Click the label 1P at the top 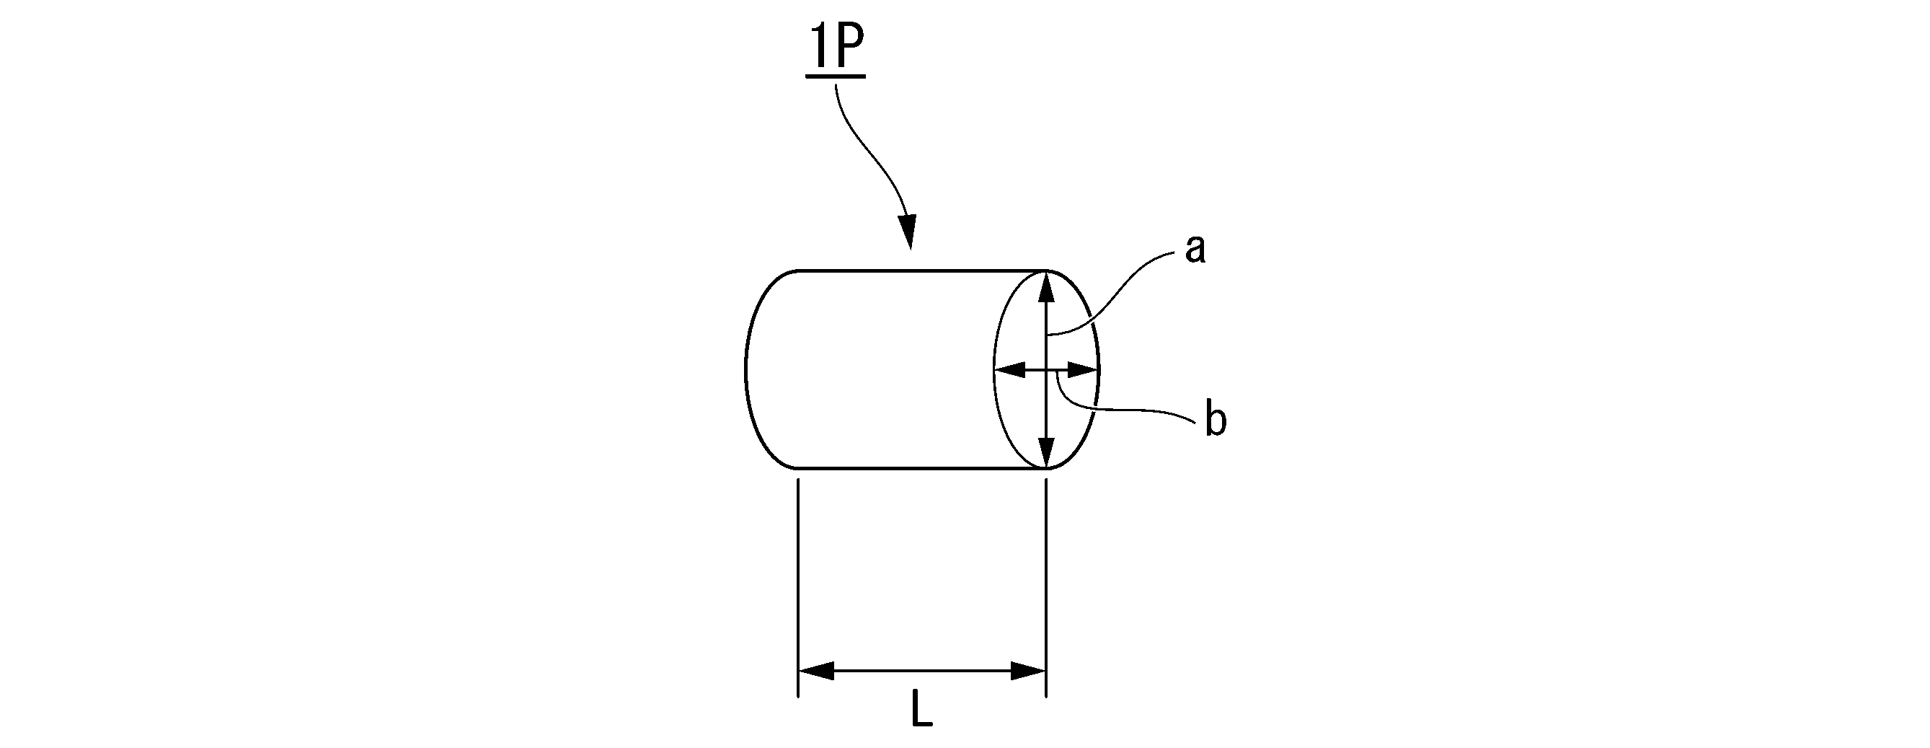pos(836,51)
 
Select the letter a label pos(1195,250)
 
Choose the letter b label pos(1216,421)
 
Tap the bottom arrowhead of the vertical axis pos(1047,452)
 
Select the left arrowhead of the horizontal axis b pos(1009,369)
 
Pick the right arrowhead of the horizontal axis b pos(1084,369)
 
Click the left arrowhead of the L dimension pos(815,671)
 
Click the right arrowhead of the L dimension pos(1029,671)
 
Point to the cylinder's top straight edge pos(921,270)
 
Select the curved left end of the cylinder pos(748,369)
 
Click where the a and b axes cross pos(1047,369)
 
